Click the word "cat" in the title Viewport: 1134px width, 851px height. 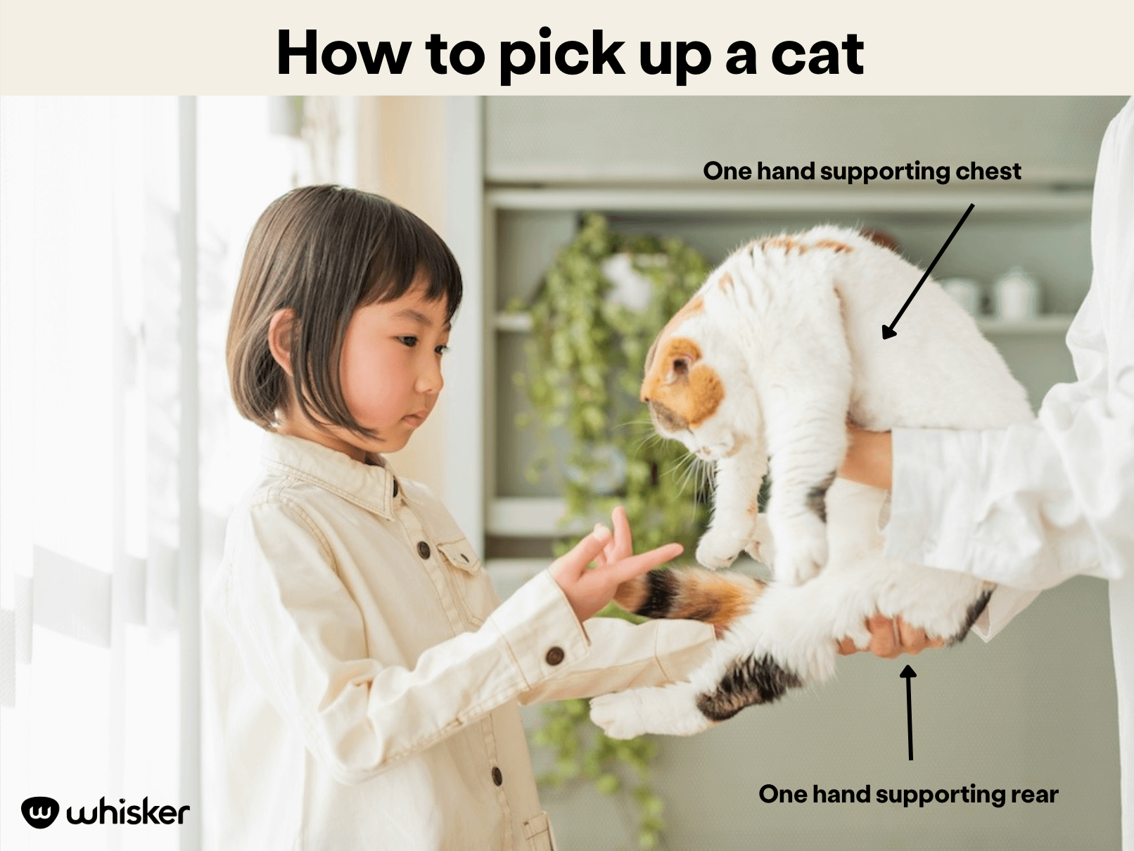coord(817,54)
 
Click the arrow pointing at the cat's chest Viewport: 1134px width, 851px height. coord(929,271)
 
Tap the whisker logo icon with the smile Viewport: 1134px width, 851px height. coord(39,813)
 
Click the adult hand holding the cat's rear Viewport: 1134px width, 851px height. coord(893,633)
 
